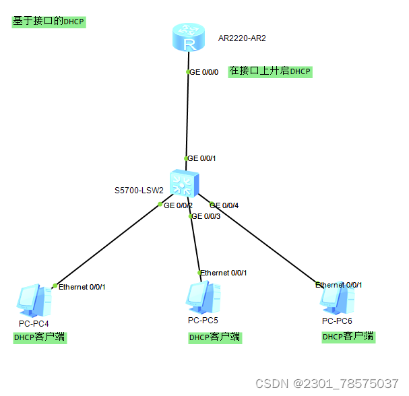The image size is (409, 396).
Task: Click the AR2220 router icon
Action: tap(188, 38)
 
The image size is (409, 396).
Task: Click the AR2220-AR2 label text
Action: tap(242, 38)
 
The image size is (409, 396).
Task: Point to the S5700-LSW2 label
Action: tap(139, 191)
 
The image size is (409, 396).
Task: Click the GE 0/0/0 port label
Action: tap(203, 72)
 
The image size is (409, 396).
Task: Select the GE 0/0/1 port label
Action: tap(201, 158)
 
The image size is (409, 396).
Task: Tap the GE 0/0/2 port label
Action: tap(179, 205)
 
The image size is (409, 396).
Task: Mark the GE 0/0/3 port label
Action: tap(206, 216)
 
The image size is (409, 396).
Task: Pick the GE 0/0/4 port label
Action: tap(224, 205)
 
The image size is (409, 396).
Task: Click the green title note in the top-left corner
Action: tap(49, 21)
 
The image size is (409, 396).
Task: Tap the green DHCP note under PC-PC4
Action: tap(40, 337)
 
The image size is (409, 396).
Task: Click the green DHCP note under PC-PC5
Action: tap(215, 337)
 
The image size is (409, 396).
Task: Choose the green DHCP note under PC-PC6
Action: tap(348, 337)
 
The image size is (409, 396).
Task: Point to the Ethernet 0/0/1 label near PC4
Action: tap(82, 287)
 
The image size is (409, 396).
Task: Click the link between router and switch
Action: tap(188, 114)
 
